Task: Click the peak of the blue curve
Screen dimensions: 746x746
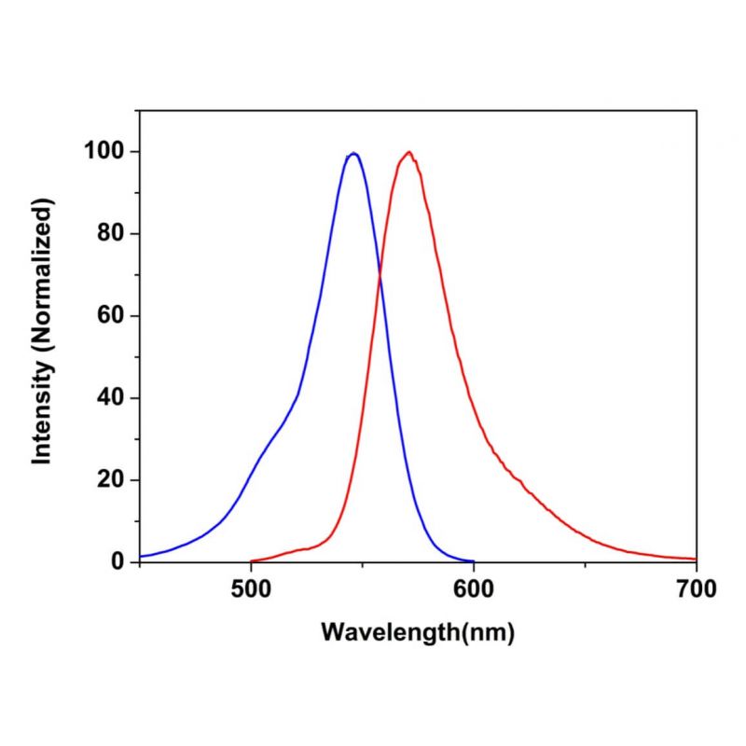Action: tap(352, 153)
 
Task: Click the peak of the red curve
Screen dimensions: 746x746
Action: tap(408, 152)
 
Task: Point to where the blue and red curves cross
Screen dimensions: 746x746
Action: tap(380, 274)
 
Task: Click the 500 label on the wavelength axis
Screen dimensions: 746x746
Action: tap(250, 588)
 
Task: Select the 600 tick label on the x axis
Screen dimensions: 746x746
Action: tap(473, 588)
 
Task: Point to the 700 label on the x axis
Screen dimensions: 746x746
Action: tap(696, 588)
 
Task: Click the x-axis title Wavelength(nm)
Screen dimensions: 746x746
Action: tap(418, 631)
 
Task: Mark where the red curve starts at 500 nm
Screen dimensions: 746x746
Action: tap(252, 561)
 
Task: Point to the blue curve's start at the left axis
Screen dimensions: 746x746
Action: tap(140, 557)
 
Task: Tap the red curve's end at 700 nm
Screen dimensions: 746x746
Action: tap(695, 559)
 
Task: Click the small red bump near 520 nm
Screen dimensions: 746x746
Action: tap(300, 549)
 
